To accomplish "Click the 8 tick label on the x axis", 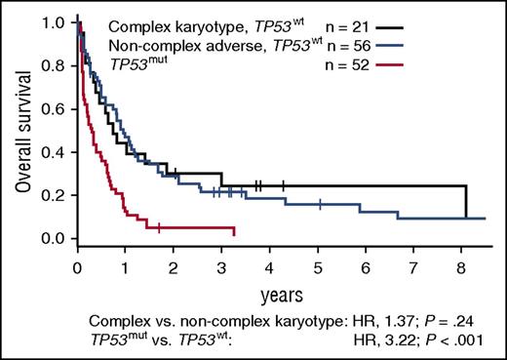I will tap(461, 264).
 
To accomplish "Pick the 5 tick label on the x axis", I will tap(318, 264).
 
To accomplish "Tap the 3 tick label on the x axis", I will tap(222, 264).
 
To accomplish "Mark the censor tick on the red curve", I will tap(159, 227).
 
